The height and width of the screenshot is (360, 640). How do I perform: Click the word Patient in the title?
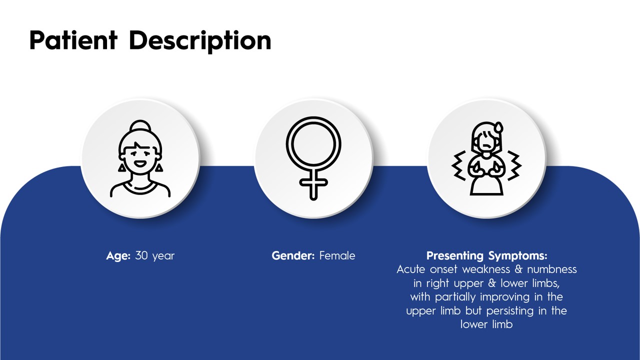[73, 40]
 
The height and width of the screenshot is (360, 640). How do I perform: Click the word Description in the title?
[200, 41]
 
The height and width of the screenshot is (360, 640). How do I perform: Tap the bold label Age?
[118, 256]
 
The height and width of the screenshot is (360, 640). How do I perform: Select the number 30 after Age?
[141, 255]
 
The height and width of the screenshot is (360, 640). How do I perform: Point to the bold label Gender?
[293, 255]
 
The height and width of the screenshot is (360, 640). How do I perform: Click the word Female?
[337, 255]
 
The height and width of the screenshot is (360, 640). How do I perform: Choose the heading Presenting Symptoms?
[486, 255]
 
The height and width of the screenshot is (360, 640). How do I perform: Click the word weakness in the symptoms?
[486, 269]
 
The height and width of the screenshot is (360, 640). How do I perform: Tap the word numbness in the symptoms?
[552, 269]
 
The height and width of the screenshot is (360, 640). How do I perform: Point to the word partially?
[455, 297]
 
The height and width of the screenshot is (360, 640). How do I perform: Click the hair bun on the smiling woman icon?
[140, 126]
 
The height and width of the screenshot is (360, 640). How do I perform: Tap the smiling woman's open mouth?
[140, 164]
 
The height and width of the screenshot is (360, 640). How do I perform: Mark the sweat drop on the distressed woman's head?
[498, 127]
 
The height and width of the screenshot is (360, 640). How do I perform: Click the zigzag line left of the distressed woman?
[459, 165]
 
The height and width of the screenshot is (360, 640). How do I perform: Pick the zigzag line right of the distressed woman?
[514, 165]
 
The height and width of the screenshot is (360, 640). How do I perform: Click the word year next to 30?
[163, 256]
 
